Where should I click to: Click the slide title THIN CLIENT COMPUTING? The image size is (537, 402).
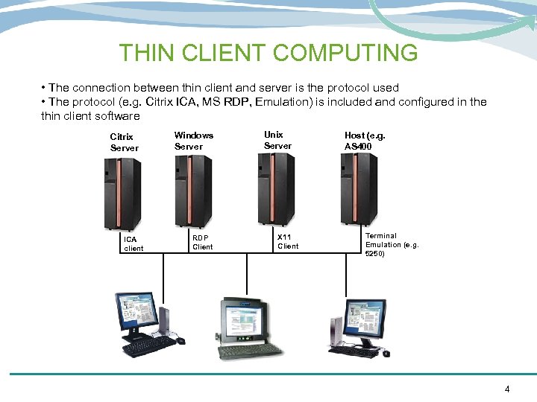tap(268, 53)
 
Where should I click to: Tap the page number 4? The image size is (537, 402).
tap(507, 389)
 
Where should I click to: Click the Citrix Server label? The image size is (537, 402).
tap(124, 142)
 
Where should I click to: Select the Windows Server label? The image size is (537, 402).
tap(194, 141)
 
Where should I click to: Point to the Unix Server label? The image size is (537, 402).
tap(277, 140)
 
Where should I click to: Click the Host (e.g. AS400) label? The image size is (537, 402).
tap(364, 141)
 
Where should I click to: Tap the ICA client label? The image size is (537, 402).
tap(134, 243)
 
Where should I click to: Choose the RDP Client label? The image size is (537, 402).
tap(202, 242)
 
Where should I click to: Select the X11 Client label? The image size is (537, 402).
tap(288, 241)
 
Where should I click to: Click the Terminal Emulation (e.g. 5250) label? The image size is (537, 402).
tap(392, 244)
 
